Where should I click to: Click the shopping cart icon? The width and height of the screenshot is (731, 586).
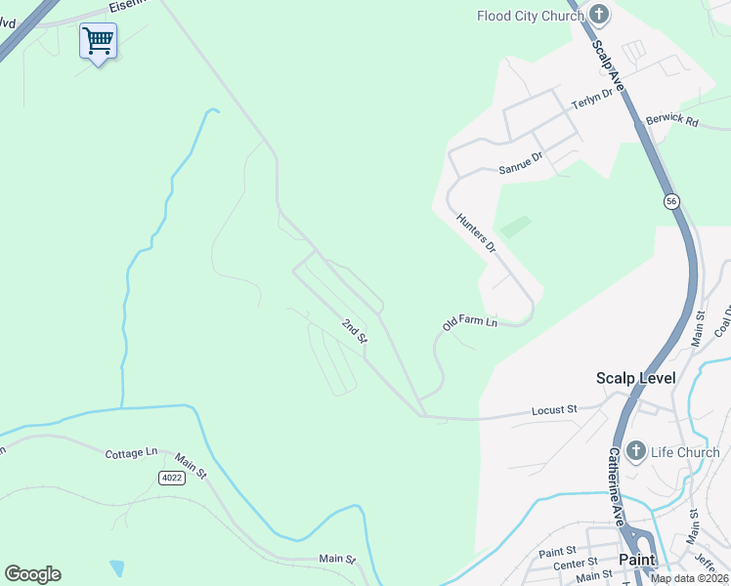(98, 42)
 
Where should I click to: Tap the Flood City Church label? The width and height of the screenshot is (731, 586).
(530, 15)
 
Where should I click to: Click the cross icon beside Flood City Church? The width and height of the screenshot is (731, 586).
(599, 15)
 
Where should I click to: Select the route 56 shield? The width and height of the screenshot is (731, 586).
(671, 201)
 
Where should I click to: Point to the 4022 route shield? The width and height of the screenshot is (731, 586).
(171, 477)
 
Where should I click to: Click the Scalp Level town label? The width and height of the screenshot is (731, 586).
(635, 378)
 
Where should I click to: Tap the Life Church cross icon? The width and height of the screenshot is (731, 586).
(635, 451)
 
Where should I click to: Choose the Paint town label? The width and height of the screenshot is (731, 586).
(636, 560)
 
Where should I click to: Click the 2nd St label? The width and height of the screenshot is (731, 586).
(354, 330)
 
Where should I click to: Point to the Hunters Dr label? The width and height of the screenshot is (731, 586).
(477, 234)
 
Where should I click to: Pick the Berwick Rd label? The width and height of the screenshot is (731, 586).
(672, 122)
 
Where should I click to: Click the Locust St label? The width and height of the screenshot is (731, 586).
(554, 409)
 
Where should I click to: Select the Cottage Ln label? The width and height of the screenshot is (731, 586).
(131, 453)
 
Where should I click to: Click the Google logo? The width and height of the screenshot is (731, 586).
(32, 574)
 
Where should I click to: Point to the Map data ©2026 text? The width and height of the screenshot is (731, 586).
(688, 578)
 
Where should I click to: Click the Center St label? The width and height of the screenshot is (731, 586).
(576, 564)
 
